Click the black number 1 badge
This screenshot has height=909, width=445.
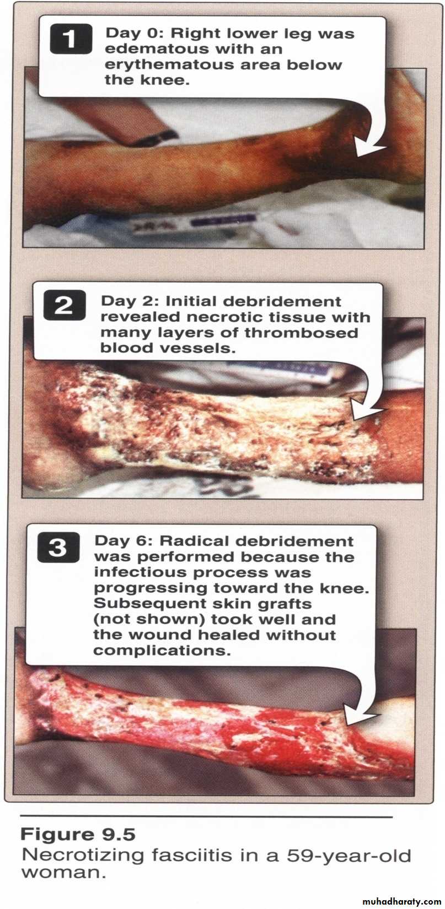coord(71,39)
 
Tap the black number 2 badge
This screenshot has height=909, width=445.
coord(65,306)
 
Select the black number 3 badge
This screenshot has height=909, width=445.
coord(58,548)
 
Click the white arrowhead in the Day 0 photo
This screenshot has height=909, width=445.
coord(369,147)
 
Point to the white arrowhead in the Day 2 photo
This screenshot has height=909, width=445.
coord(367,410)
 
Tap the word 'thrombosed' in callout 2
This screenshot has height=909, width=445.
coord(301,333)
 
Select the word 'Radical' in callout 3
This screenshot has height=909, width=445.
coord(194,541)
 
